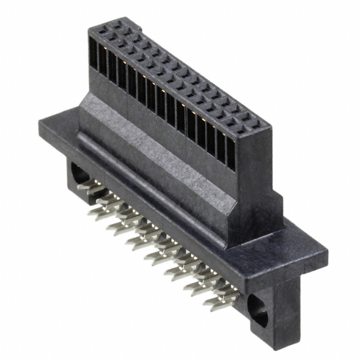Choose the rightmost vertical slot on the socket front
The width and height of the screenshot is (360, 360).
pyautogui.click(x=231, y=154)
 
